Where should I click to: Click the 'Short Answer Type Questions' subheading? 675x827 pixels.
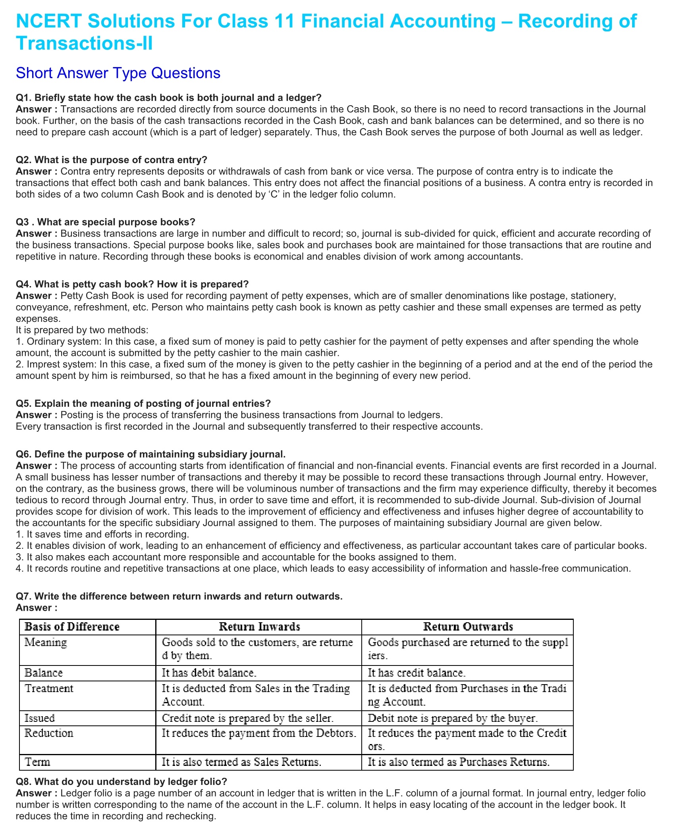pos(118,73)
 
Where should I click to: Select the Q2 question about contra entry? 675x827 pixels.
pos(112,160)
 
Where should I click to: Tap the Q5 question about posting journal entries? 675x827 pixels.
pos(143,404)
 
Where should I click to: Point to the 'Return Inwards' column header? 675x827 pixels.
pos(259,627)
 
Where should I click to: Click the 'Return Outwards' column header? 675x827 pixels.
pos(468,627)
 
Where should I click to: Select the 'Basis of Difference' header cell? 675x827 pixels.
pos(72,627)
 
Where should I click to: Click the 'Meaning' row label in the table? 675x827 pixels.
pos(46,642)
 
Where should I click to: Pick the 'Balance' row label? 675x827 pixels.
pos(44,673)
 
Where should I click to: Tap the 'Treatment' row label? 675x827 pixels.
pos(49,688)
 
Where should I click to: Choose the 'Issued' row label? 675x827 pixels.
pos(40,718)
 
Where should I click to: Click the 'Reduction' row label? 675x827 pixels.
pos(49,733)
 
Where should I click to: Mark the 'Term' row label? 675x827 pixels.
pos(37,762)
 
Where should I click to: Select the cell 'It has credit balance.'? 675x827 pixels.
pos(417,673)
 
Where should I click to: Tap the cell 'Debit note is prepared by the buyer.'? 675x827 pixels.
pos(453,718)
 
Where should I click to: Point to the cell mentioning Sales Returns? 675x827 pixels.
pos(241,762)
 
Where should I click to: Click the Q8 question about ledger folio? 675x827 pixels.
pos(121,781)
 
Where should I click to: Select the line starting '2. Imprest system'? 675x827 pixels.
pos(334,364)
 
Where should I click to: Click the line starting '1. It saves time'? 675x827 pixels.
pos(102,534)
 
